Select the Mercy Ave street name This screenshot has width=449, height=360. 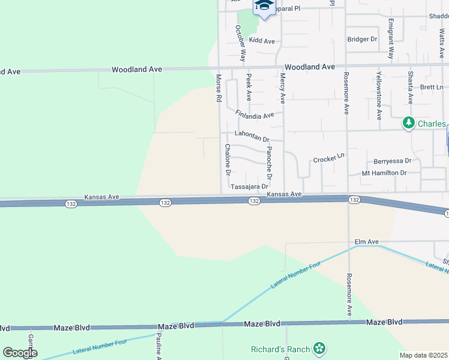282,86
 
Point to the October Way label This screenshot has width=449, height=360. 241,43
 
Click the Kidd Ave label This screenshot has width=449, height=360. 262,41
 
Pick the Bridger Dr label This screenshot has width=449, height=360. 362,39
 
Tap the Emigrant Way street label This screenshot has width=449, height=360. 391,41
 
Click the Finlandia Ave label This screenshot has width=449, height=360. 255,114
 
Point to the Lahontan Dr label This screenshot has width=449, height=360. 252,136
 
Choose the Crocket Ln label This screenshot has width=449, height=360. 329,158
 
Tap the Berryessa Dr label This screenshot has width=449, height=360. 392,161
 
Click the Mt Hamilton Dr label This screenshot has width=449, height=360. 384,173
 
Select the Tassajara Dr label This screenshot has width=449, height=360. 249,187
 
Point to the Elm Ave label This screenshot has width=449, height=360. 367,242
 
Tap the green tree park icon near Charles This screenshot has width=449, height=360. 409,123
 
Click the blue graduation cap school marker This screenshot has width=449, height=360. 262,6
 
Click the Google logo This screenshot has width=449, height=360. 20,353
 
